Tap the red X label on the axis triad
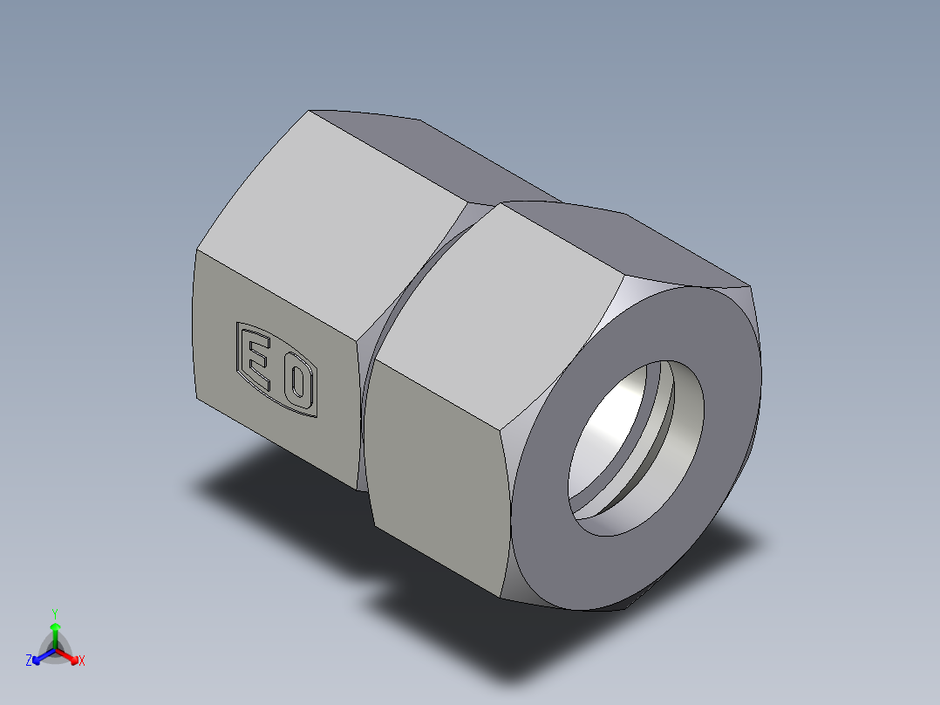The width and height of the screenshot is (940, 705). coord(81,661)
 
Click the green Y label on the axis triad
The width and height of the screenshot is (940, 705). coord(54,613)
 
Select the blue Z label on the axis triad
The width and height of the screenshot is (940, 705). coord(29,661)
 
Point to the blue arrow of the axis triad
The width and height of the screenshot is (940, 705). coord(40,656)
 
